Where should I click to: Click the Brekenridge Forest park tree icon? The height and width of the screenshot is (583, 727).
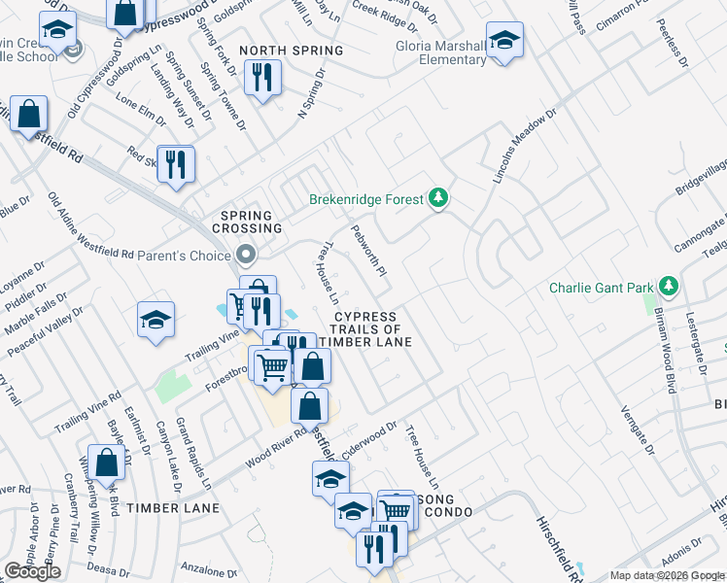pyautogui.click(x=439, y=199)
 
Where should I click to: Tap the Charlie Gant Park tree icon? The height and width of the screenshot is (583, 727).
pyautogui.click(x=668, y=287)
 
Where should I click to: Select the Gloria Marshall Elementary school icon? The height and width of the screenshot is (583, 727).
pyautogui.click(x=504, y=42)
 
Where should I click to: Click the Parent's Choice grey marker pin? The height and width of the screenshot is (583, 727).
pyautogui.click(x=245, y=256)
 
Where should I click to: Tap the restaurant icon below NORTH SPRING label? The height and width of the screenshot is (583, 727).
pyautogui.click(x=261, y=78)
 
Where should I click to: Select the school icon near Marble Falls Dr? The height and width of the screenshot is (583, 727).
pyautogui.click(x=156, y=322)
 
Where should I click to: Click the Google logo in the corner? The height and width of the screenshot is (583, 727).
pyautogui.click(x=32, y=571)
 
